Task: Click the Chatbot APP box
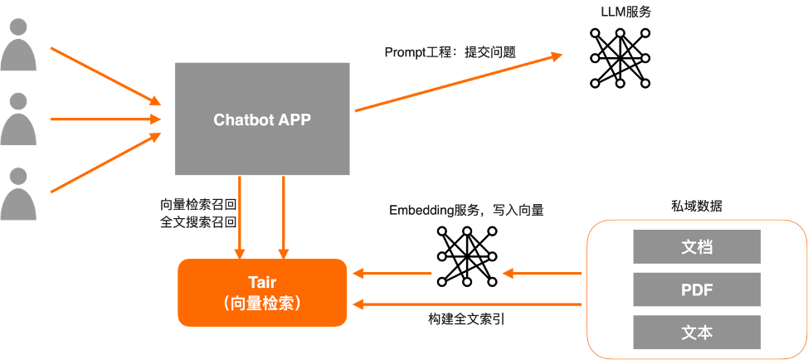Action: tap(262, 119)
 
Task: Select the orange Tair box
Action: tap(262, 291)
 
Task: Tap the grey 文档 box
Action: tap(697, 246)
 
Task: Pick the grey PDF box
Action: tap(697, 289)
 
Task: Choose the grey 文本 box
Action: tap(697, 332)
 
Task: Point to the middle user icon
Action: tap(18, 119)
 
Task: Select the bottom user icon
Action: tap(18, 194)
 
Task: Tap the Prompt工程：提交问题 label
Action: tap(450, 51)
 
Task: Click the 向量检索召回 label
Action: tap(198, 204)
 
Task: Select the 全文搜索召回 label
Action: tap(198, 222)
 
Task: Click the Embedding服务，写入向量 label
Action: tap(466, 210)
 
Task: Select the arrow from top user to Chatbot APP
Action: tap(105, 76)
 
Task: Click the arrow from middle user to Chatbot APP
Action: tap(105, 119)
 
